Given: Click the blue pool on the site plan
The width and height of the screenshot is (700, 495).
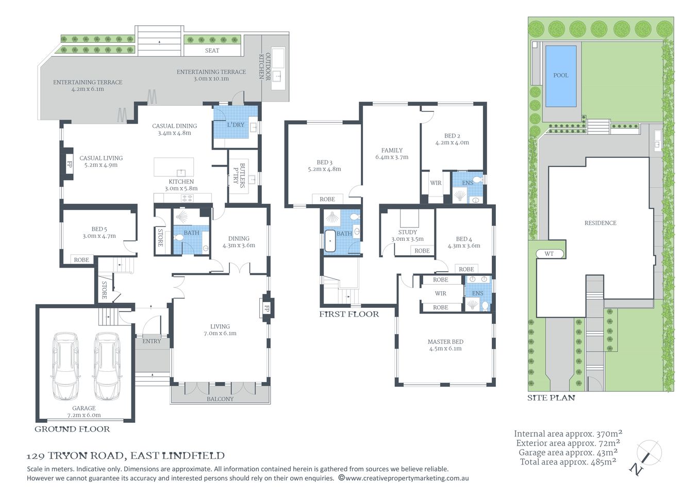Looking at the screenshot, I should tap(560, 75).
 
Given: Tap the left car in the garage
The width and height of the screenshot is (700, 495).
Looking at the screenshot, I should tap(65, 366).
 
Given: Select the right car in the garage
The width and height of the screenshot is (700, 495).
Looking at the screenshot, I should tap(107, 366).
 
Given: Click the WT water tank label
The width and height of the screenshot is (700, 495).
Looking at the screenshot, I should tap(549, 254).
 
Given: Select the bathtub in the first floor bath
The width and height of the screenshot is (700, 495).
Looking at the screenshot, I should tap(330, 241).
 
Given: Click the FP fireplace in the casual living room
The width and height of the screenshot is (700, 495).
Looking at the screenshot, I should tap(69, 165).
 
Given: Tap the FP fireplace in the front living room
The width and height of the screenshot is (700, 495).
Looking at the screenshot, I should tap(266, 308).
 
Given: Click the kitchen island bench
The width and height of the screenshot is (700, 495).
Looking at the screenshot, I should tap(174, 167).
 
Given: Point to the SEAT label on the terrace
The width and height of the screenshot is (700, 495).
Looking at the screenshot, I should tap(212, 51).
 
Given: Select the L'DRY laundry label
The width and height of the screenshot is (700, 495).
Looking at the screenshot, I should tap(236, 125).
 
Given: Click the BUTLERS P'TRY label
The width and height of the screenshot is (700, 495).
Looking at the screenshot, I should tap(239, 174).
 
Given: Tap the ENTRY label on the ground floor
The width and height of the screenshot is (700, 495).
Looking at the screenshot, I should tap(152, 341).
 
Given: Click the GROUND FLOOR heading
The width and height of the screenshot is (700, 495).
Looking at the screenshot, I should tap(72, 429).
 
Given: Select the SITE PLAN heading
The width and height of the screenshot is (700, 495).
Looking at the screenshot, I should tap(551, 398).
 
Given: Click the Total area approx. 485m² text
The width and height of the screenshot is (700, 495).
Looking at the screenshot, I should tap(568, 462).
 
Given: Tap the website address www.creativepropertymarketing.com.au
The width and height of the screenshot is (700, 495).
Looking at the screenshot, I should tap(407, 478).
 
